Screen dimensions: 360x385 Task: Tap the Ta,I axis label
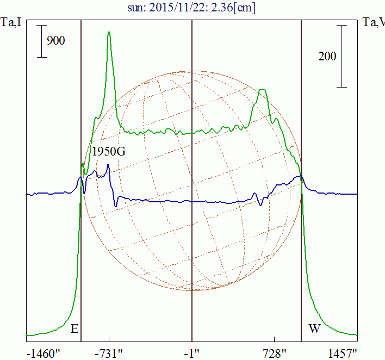12,22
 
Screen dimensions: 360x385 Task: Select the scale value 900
56,40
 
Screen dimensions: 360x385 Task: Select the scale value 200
327,56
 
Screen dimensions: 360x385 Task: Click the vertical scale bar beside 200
341,57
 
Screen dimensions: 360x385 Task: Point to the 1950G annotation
109,151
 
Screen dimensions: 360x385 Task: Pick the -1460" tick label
42,353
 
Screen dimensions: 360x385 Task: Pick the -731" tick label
109,353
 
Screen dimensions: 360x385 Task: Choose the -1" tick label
192,353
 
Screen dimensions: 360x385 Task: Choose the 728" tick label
274,353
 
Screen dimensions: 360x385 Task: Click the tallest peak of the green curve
109,33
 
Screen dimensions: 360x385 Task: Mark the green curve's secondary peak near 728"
263,90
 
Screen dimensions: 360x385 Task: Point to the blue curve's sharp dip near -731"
116,206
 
